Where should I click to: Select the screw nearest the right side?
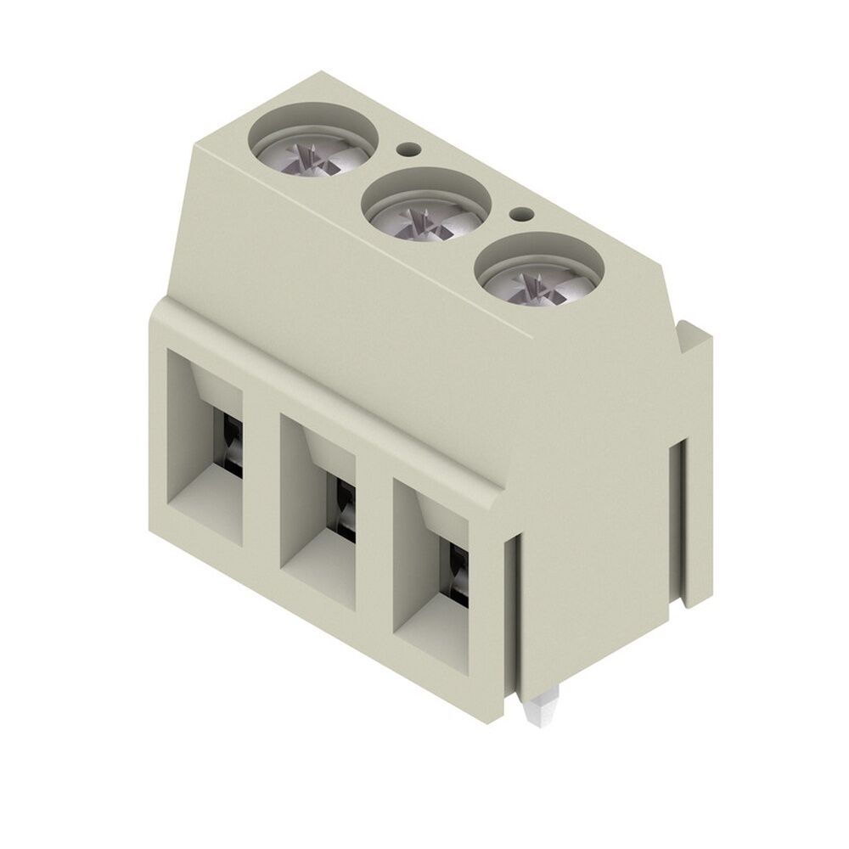click(x=538, y=277)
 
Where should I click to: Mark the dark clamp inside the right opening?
click(x=457, y=571)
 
